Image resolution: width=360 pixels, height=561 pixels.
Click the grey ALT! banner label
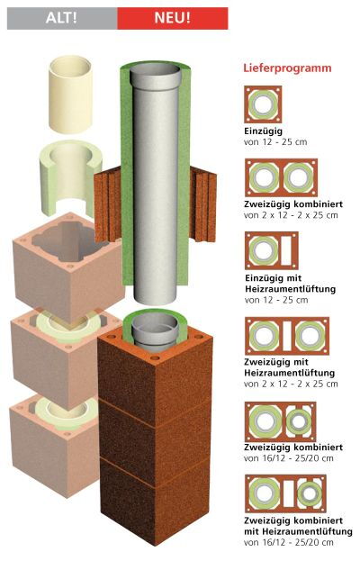[61, 18]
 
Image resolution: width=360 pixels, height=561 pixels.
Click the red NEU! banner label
[172, 18]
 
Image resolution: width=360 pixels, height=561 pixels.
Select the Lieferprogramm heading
[287, 68]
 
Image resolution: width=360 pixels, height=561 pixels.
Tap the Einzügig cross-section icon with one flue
[263, 104]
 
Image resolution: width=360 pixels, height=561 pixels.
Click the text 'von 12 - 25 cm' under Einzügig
[275, 142]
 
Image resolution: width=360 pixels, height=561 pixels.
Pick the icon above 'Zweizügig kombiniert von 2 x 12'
[281, 177]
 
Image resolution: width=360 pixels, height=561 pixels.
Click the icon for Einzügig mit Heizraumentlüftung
[271, 250]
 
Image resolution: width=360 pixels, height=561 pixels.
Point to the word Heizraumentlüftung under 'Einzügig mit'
[291, 289]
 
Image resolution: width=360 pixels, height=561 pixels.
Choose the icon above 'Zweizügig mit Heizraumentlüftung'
[287, 336]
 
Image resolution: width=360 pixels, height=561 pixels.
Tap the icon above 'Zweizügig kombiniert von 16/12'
[280, 421]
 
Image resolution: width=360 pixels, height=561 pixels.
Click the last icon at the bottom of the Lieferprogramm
[285, 494]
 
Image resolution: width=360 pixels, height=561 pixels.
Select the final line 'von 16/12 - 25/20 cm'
[289, 542]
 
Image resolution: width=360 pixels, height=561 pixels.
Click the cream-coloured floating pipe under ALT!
[70, 95]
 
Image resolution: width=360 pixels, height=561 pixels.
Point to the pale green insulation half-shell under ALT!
[69, 179]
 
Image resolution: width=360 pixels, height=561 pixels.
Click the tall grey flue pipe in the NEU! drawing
[156, 186]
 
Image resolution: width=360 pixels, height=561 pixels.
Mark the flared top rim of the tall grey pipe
[156, 77]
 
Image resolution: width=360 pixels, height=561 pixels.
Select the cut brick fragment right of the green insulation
[203, 204]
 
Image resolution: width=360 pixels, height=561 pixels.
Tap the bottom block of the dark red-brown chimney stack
[155, 501]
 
